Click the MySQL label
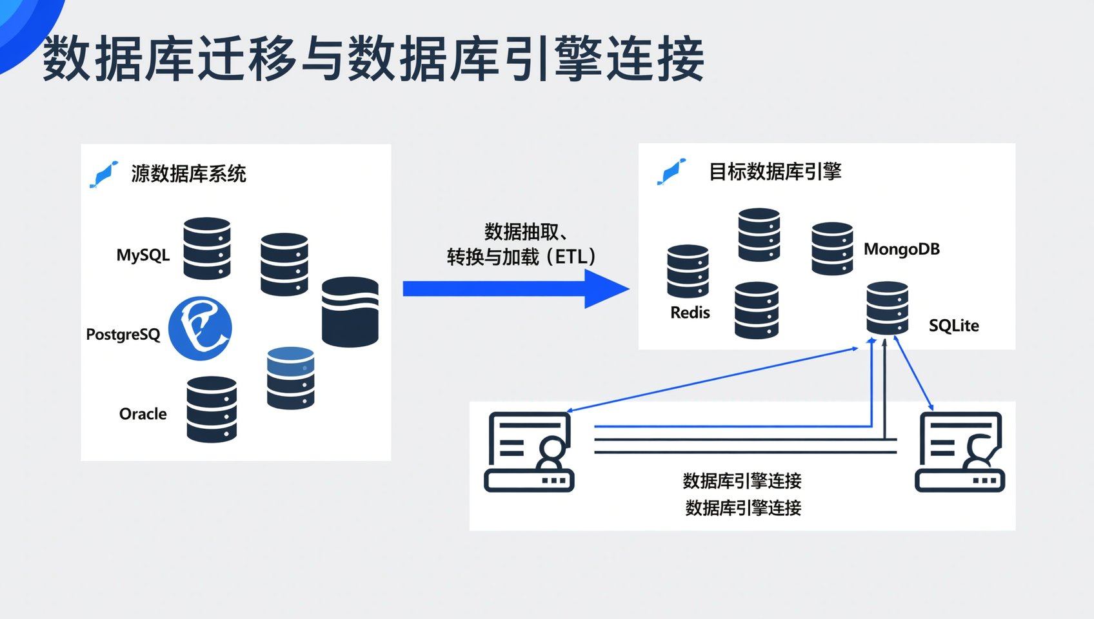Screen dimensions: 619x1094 [143, 255]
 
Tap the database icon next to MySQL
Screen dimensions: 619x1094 [206, 248]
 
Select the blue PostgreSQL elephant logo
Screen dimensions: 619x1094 [200, 328]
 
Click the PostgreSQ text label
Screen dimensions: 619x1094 [123, 335]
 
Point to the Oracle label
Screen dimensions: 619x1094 [143, 414]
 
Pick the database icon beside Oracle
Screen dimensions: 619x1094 [212, 409]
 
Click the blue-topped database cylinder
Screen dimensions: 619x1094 [290, 378]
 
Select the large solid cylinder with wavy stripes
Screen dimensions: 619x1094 [350, 312]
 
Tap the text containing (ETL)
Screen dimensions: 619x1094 [521, 257]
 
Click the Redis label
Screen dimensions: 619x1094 [690, 313]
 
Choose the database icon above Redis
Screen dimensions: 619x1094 [688, 271]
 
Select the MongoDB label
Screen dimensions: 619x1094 [901, 250]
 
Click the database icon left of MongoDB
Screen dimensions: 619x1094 [832, 249]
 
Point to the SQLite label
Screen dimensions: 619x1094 [953, 326]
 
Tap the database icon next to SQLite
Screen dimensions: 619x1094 [887, 308]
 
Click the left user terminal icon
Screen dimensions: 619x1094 [529, 451]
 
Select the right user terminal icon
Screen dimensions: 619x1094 [960, 451]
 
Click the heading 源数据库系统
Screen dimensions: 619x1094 [188, 174]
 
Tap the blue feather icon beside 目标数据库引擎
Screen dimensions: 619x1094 [671, 172]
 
